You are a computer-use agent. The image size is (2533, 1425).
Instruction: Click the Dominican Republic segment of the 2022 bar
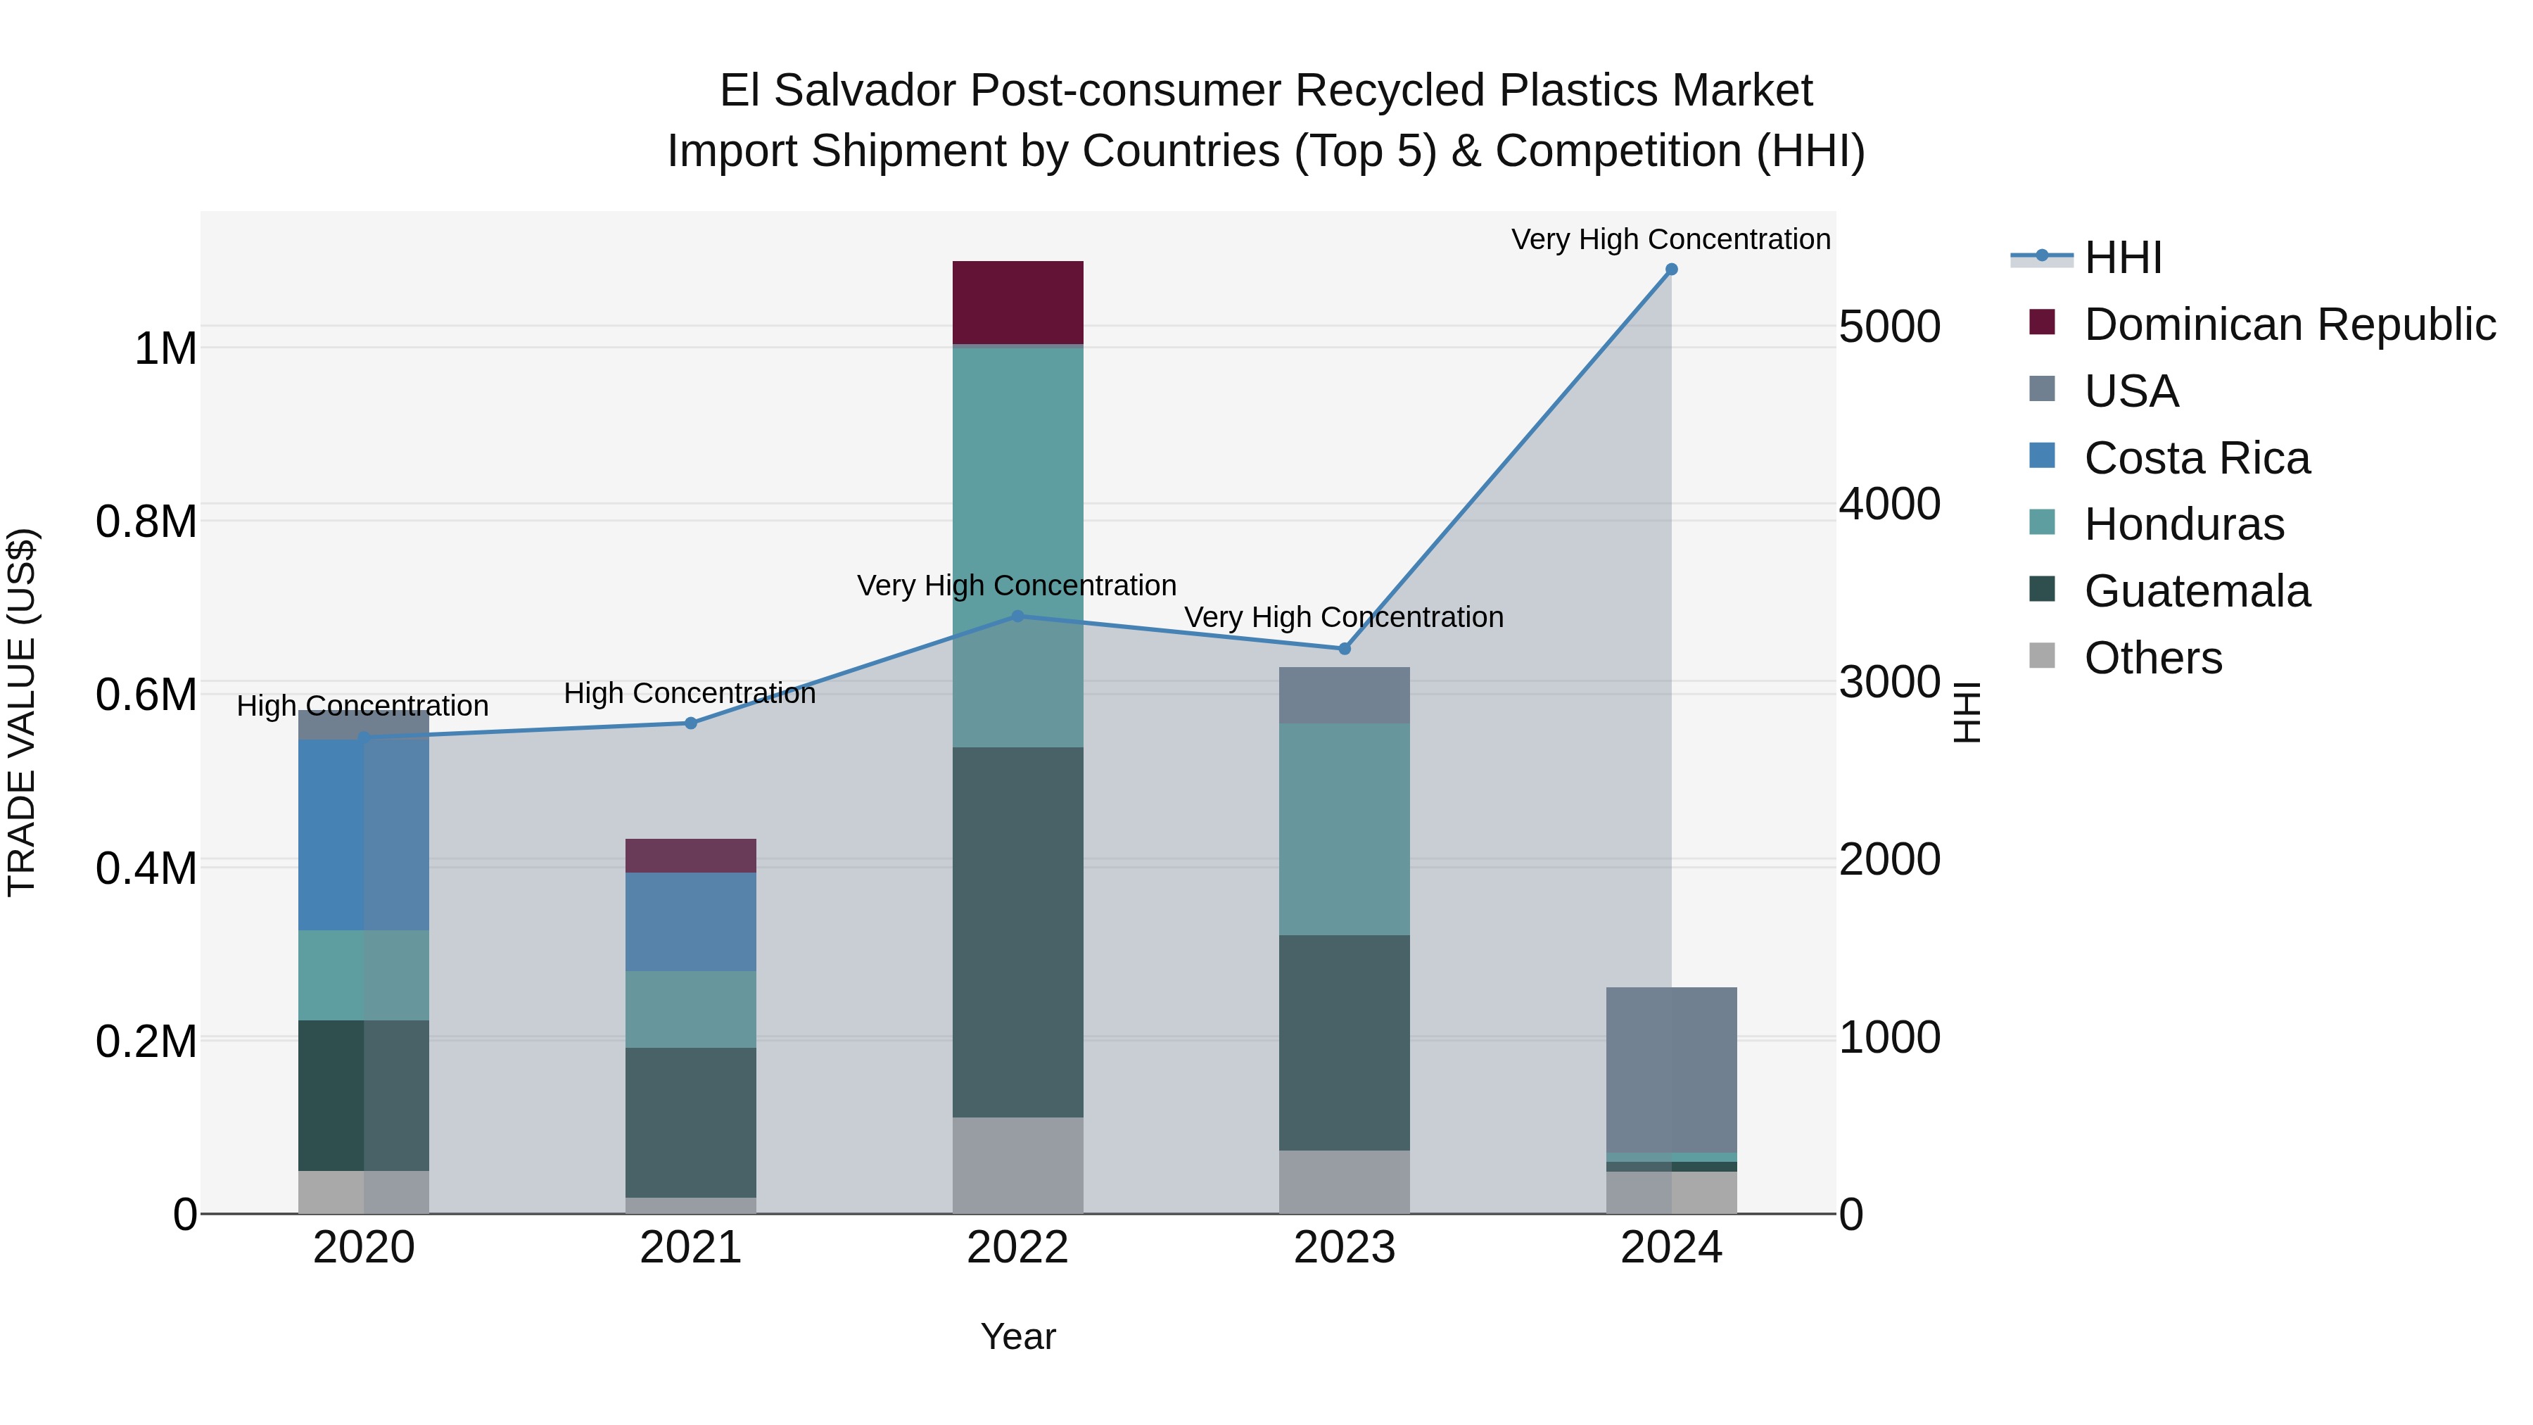pos(1017,302)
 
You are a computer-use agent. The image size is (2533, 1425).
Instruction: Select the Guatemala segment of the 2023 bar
pos(1344,1042)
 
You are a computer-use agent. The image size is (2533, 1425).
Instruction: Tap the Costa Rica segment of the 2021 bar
pos(690,921)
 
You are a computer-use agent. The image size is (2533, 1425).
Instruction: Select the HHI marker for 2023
pos(1344,649)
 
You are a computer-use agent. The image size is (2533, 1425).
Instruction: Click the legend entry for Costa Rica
pos(2196,458)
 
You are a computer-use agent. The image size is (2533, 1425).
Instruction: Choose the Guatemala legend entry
pos(2196,591)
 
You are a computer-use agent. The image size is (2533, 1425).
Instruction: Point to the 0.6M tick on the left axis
pos(146,695)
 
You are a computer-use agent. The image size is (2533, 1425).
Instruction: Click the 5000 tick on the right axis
pos(1889,327)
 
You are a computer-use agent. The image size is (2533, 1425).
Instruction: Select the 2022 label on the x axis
pos(1017,1248)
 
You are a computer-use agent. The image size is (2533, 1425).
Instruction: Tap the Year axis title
pos(1017,1336)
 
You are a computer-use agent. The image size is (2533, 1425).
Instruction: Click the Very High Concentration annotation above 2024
pos(1670,239)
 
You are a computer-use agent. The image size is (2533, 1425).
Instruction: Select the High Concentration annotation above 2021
pos(690,693)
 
